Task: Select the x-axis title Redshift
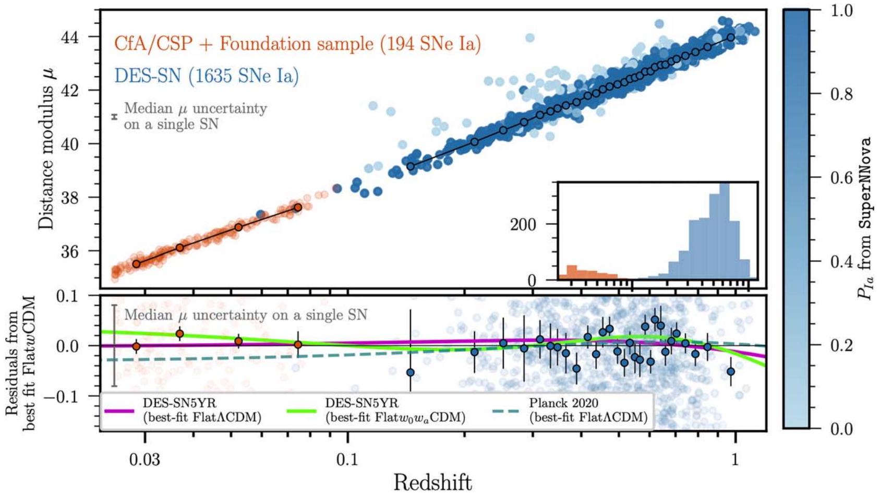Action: click(432, 482)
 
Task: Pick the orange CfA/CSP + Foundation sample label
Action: click(297, 44)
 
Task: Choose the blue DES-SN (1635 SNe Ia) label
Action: click(207, 76)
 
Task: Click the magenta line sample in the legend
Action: click(119, 411)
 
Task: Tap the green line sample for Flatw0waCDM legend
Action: click(302, 411)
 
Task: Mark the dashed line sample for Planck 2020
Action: click(505, 411)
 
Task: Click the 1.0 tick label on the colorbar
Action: click(841, 10)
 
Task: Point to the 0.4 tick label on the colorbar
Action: click(841, 261)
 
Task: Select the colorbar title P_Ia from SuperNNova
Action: click(865, 219)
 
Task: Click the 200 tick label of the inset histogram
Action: click(523, 225)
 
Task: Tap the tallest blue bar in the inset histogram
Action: click(724, 232)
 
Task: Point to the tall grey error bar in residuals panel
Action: click(114, 345)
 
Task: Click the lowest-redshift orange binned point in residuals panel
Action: click(136, 346)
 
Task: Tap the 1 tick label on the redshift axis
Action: click(735, 459)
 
